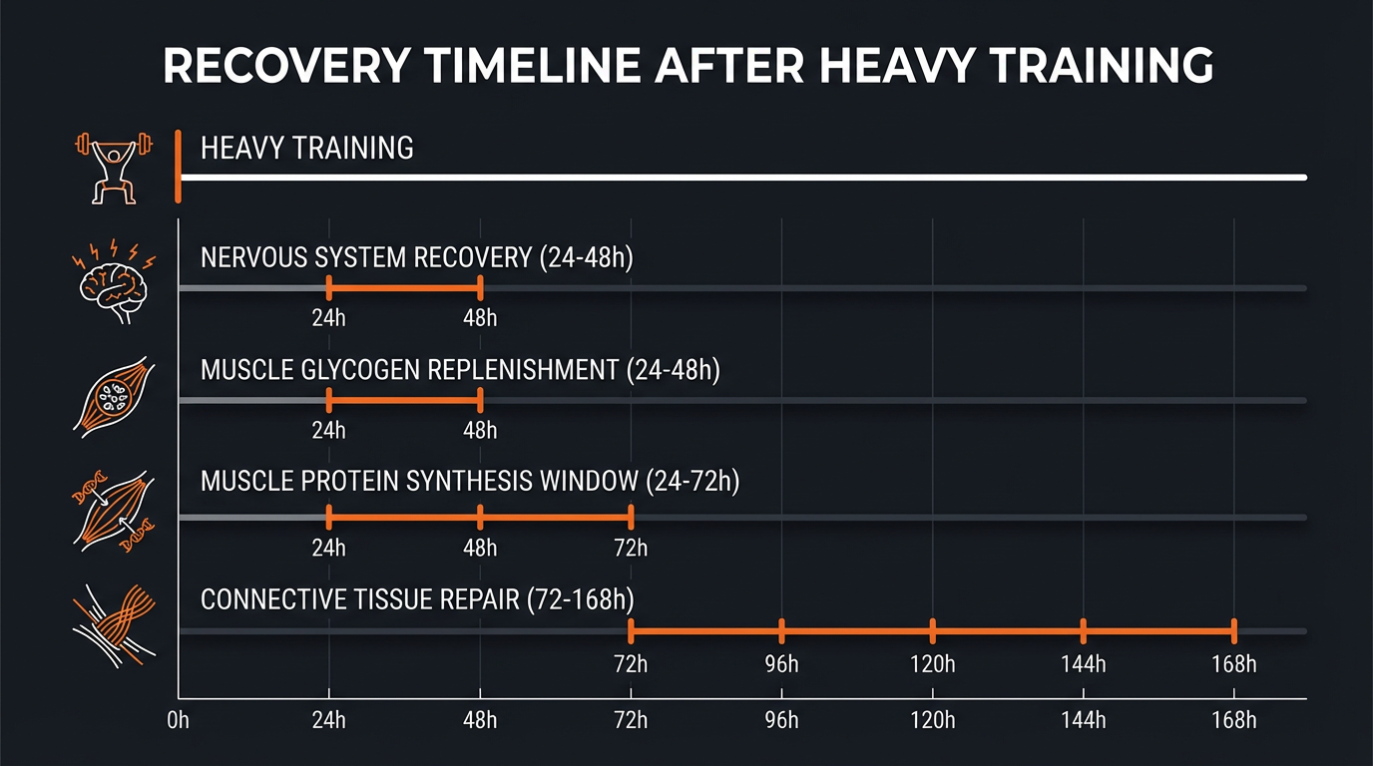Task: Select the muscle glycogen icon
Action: pyautogui.click(x=114, y=396)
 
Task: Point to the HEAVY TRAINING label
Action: pyautogui.click(x=306, y=149)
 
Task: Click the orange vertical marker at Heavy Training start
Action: pyautogui.click(x=178, y=167)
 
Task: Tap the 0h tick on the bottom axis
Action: pyautogui.click(x=179, y=721)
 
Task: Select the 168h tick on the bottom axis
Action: pyautogui.click(x=1233, y=721)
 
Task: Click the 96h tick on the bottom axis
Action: pyautogui.click(x=781, y=721)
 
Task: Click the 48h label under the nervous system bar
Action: pyautogui.click(x=480, y=319)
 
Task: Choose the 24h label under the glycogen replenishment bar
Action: pyautogui.click(x=328, y=431)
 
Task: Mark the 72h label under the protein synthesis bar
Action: pyautogui.click(x=631, y=548)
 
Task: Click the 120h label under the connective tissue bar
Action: pyautogui.click(x=932, y=663)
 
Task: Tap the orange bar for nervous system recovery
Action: pyautogui.click(x=404, y=288)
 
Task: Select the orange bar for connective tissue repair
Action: pyautogui.click(x=932, y=631)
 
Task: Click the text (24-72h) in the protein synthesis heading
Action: pyautogui.click(x=692, y=482)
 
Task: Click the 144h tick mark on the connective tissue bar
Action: pyautogui.click(x=1083, y=631)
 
